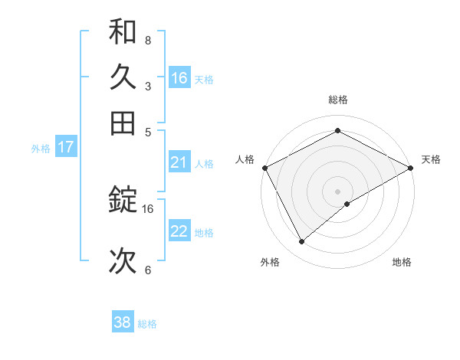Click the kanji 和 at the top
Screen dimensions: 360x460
tap(123, 33)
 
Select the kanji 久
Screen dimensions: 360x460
tap(123, 77)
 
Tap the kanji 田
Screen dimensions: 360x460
tap(123, 123)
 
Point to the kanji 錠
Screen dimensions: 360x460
tap(123, 201)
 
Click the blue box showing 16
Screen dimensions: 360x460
tap(179, 78)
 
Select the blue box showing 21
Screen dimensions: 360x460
tap(179, 162)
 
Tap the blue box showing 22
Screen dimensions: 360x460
tap(179, 231)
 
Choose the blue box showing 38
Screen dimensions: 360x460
tap(123, 322)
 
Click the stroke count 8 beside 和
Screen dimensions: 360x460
tap(148, 40)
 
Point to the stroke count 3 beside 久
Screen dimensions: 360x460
tap(148, 87)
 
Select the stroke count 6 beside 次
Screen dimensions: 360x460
tap(148, 270)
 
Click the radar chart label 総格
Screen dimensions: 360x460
tap(338, 100)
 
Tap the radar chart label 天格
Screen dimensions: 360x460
tap(432, 159)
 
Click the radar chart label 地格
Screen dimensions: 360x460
tap(402, 262)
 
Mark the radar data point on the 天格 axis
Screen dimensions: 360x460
tap(412, 167)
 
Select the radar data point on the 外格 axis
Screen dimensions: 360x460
tap(301, 242)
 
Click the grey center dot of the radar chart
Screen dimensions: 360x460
tap(338, 191)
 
